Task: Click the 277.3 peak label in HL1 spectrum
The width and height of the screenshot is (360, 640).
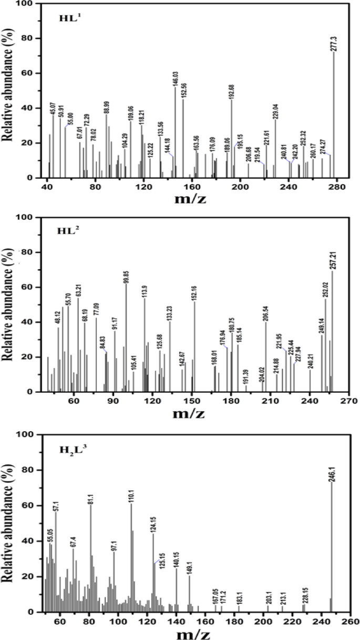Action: click(334, 44)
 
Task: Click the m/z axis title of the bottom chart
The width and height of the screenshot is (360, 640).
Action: click(195, 631)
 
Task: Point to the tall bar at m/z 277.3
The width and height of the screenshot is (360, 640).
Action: click(334, 116)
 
